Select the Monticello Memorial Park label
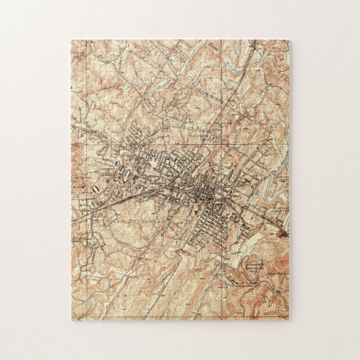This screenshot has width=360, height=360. [241, 266]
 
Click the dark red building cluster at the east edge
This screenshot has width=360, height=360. [285, 231]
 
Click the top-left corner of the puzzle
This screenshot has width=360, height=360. [71, 40]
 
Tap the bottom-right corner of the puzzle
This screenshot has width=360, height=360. [289, 319]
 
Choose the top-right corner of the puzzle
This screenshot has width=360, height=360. [289, 40]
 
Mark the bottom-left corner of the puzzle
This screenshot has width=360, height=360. [71, 319]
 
